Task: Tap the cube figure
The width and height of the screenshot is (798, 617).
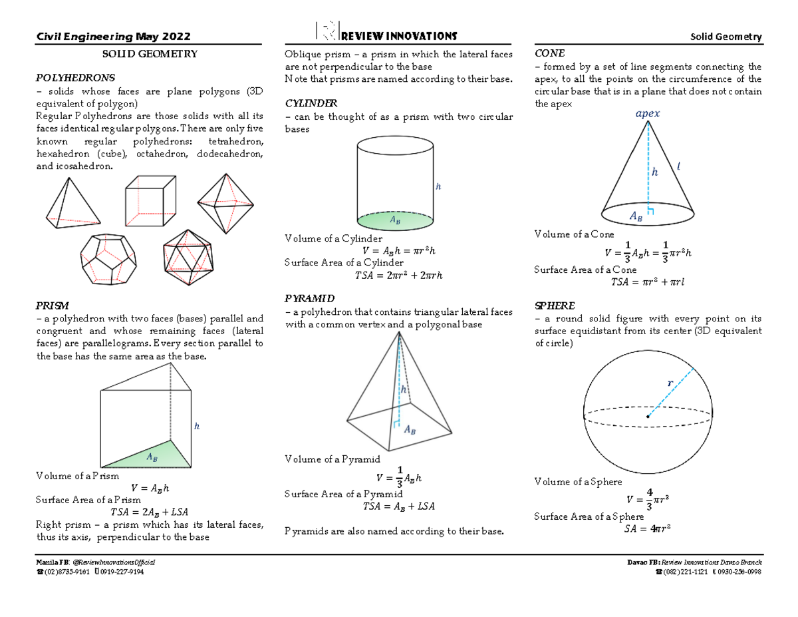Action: (x=151, y=201)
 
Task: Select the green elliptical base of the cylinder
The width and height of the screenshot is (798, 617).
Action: (x=395, y=219)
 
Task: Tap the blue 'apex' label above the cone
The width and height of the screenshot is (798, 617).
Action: (x=648, y=114)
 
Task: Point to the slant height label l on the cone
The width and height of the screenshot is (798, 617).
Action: (x=678, y=166)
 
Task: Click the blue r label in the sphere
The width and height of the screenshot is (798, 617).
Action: (x=670, y=383)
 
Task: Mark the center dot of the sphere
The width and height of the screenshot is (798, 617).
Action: (x=647, y=417)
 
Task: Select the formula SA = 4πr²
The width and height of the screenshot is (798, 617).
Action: (x=646, y=529)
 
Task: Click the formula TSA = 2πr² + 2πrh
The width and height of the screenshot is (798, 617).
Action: (x=398, y=276)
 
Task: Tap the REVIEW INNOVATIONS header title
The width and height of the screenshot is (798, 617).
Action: (x=398, y=35)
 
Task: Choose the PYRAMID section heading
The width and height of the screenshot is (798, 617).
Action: (x=309, y=298)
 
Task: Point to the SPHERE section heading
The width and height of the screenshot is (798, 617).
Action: (x=555, y=306)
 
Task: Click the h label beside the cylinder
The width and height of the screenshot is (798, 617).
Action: (x=438, y=187)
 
